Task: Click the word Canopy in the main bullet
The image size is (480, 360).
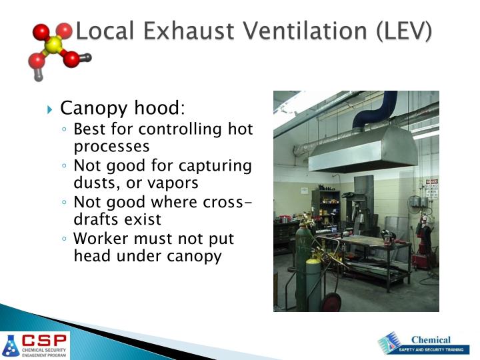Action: coord(90,108)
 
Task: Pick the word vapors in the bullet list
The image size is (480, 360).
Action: coord(175,182)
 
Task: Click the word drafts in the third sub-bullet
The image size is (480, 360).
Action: coord(96,219)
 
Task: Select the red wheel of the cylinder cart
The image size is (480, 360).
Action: coord(331,303)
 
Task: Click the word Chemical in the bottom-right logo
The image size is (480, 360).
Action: coord(431,339)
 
